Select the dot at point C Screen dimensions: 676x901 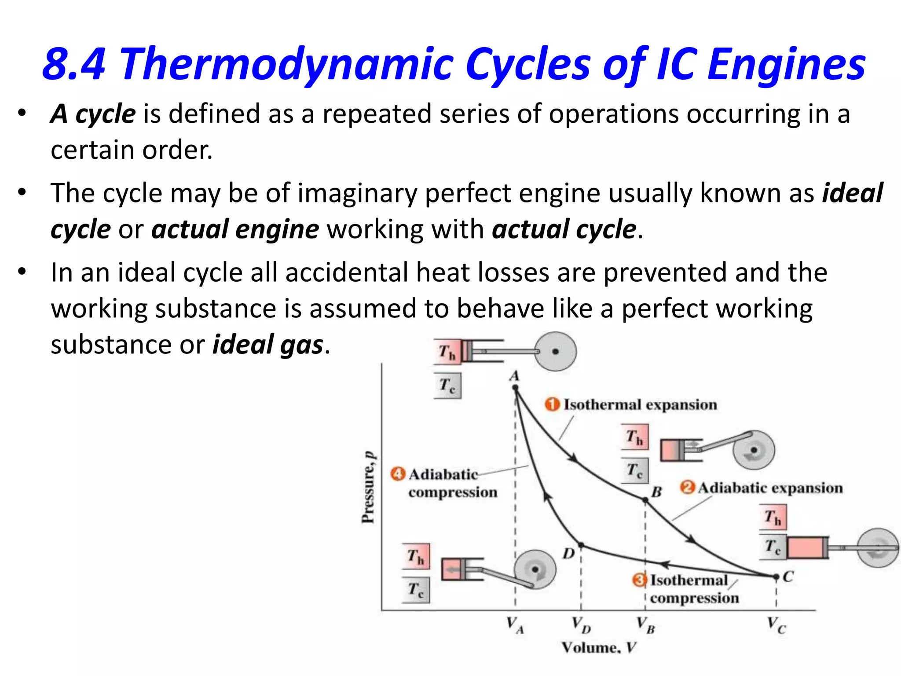(776, 577)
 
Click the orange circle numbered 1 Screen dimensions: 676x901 (552, 404)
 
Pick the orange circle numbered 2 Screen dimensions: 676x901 (687, 487)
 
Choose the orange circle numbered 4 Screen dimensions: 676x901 (398, 474)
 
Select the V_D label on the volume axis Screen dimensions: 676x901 (581, 625)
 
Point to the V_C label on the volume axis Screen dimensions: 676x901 (776, 625)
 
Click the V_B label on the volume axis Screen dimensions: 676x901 (645, 625)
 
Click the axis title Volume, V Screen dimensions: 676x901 (598, 647)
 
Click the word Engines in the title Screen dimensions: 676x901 (787, 64)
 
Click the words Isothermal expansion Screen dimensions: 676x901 (640, 404)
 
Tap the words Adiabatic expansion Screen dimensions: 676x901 (770, 488)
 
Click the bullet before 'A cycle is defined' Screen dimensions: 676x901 (22, 113)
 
